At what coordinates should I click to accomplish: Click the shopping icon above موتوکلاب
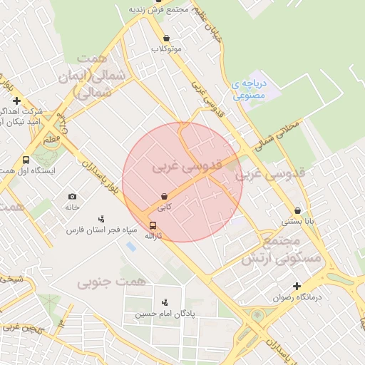[x=166, y=38]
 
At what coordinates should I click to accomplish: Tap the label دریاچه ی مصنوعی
[x=249, y=88]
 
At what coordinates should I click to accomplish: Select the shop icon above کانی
[x=165, y=195]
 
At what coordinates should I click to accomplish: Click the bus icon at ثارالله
[x=153, y=226]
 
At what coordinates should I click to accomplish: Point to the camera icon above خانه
[x=72, y=196]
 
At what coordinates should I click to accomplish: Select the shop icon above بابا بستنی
[x=297, y=211]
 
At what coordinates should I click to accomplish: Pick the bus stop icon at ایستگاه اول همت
[x=26, y=160]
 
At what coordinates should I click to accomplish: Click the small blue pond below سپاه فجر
[x=130, y=246]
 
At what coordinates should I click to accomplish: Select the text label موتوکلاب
[x=166, y=49]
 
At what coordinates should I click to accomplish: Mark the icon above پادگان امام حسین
[x=165, y=303]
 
